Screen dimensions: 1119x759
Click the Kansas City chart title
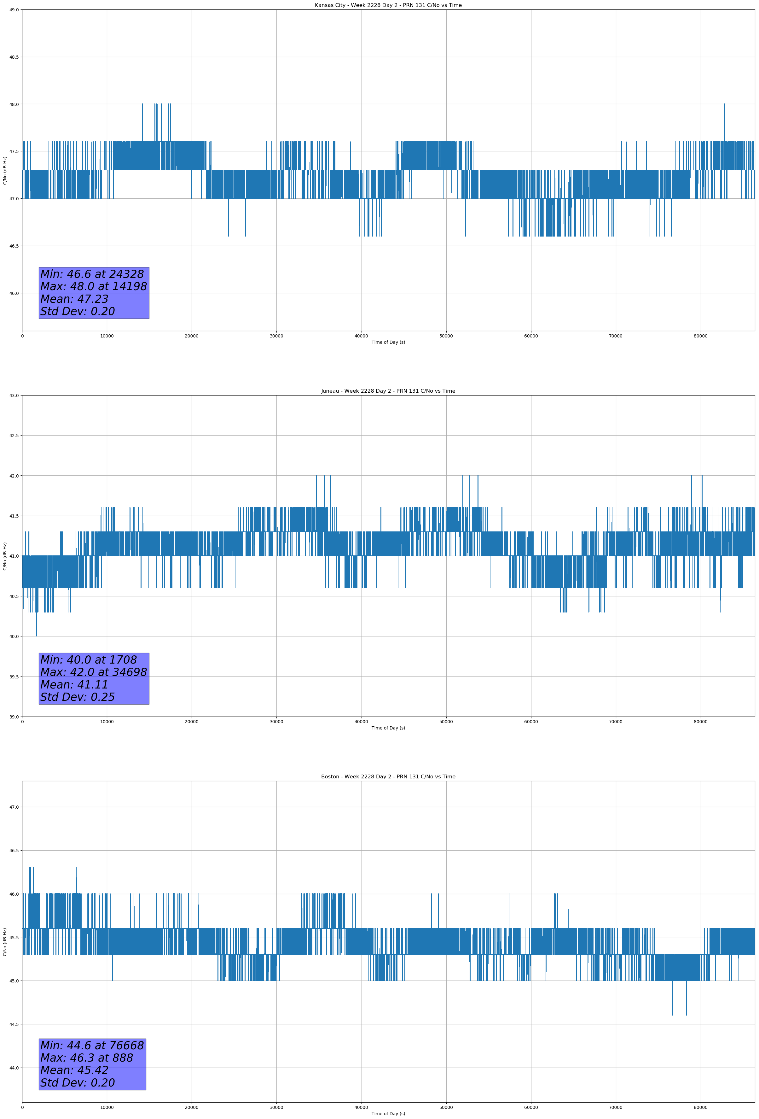pos(388,5)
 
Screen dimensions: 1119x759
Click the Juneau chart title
pos(388,391)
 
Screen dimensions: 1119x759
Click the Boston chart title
pos(388,777)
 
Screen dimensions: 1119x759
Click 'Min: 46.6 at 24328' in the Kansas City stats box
pos(92,274)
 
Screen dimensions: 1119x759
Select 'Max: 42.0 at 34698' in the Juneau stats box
pos(93,672)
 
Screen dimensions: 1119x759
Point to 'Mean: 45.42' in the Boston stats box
pos(74,1070)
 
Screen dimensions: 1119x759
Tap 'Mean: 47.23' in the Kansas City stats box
pos(74,299)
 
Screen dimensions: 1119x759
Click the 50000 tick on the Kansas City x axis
pos(446,336)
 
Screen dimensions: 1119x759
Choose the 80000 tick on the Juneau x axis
pos(700,722)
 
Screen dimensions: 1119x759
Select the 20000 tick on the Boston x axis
pos(192,1107)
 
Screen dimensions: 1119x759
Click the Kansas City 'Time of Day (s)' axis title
pos(388,342)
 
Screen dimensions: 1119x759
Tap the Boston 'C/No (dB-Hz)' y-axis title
pos(5,942)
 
